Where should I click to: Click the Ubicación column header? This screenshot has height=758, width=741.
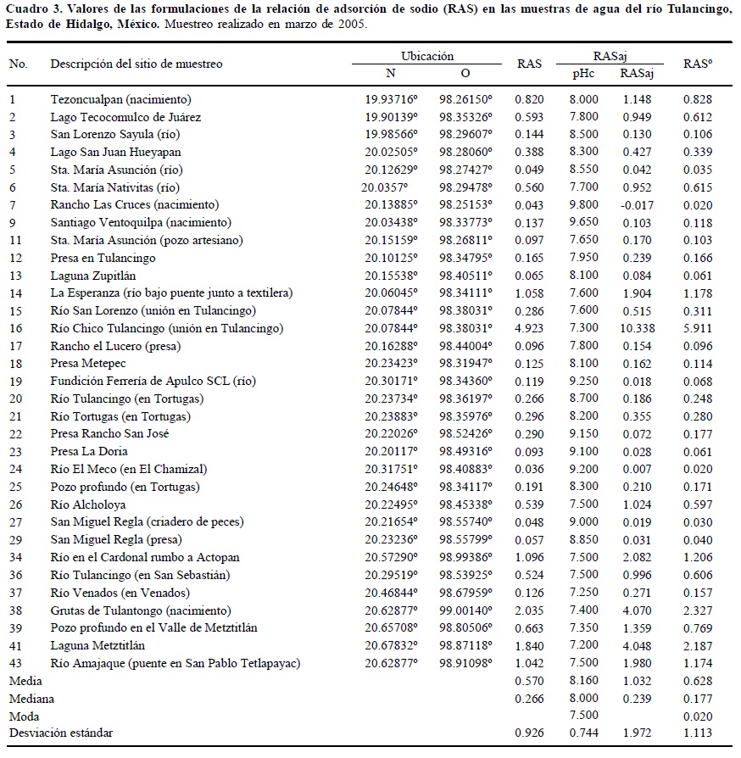428,56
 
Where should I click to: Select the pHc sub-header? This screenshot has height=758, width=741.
583,73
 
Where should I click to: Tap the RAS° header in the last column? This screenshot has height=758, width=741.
699,64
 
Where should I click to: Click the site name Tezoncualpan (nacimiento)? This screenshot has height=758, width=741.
120,99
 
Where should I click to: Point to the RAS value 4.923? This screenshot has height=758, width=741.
531,328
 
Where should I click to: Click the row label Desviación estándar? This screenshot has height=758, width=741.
60,733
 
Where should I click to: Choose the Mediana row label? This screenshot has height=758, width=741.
31,699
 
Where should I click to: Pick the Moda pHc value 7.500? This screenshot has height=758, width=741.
583,716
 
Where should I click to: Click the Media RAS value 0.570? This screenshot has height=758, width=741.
531,681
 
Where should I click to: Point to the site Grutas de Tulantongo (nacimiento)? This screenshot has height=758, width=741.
140,610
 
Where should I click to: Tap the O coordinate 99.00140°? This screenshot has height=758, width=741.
465,610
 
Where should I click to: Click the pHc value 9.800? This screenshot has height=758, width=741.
583,205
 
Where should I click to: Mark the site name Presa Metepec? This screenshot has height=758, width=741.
90,363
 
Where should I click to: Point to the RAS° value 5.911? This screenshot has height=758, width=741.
699,328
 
